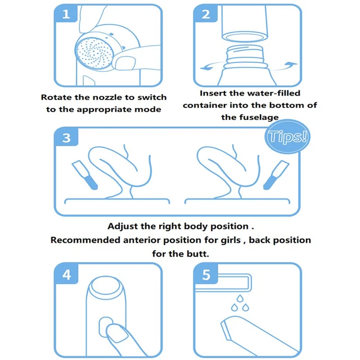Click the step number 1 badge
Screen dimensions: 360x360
(66, 13)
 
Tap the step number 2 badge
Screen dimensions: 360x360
(206, 13)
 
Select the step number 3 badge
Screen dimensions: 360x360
(66, 137)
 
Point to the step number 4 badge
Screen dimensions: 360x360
(66, 274)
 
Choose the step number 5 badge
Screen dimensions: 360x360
(206, 274)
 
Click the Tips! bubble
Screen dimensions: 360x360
(287, 136)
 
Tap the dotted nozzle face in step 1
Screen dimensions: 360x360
(94, 53)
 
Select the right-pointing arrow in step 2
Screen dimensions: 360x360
(285, 66)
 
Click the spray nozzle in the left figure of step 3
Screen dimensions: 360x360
(84, 175)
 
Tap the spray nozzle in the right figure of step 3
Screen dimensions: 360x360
(276, 175)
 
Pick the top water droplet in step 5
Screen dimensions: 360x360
(240, 299)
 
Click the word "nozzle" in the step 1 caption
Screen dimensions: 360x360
(107, 97)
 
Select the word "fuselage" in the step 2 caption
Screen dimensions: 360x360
(259, 118)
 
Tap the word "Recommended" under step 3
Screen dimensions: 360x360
(85, 240)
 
